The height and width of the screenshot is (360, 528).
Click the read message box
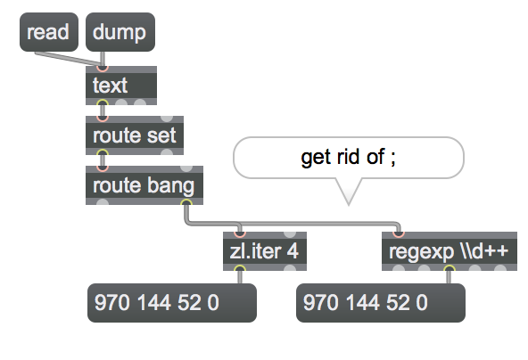coord(49,32)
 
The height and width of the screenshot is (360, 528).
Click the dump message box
coord(120,32)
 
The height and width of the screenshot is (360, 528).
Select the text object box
coord(121,86)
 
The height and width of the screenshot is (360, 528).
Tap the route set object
coord(135,135)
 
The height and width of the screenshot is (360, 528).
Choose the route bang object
coord(144,185)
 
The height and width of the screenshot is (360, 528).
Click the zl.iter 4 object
coord(265,251)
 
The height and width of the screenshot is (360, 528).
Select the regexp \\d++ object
coord(450,251)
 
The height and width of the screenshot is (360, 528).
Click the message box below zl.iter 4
coord(172,303)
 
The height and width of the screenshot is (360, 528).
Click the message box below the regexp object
coord(381,303)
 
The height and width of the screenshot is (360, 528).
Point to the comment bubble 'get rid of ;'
coord(349,158)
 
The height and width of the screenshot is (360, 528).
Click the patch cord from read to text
coord(69,58)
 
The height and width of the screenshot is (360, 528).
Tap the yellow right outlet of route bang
coord(186,202)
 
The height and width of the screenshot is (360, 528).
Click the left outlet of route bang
coord(103,202)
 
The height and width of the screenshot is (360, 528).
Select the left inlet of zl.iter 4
coord(239,233)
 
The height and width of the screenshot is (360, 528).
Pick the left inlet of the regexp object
coord(398,233)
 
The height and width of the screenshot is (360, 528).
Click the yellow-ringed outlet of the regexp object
coord(449,268)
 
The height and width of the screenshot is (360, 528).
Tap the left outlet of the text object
coord(103,103)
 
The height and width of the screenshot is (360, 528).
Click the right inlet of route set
coord(167,118)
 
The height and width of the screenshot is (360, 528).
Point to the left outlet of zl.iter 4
coord(239,268)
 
